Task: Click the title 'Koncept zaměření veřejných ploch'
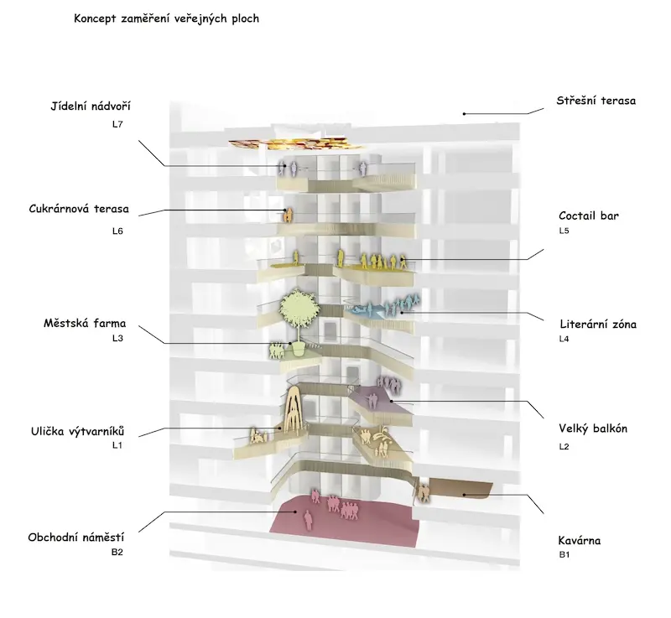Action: click(x=166, y=18)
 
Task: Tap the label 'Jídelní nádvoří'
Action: click(x=91, y=106)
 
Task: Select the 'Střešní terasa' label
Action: click(x=596, y=101)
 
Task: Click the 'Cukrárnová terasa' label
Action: click(x=79, y=209)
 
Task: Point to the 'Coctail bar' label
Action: click(x=589, y=216)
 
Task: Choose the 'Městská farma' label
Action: click(x=85, y=323)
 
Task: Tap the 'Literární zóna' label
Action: click(x=598, y=325)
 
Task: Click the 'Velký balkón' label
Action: click(x=593, y=428)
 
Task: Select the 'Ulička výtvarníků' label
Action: click(x=77, y=431)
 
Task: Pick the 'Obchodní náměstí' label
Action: click(x=75, y=538)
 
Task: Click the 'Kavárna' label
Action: click(x=579, y=541)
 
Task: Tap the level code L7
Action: click(x=117, y=124)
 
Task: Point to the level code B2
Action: click(x=117, y=552)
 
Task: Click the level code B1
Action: click(x=564, y=555)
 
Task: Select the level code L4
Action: click(x=564, y=339)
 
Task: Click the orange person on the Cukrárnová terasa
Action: click(x=289, y=216)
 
